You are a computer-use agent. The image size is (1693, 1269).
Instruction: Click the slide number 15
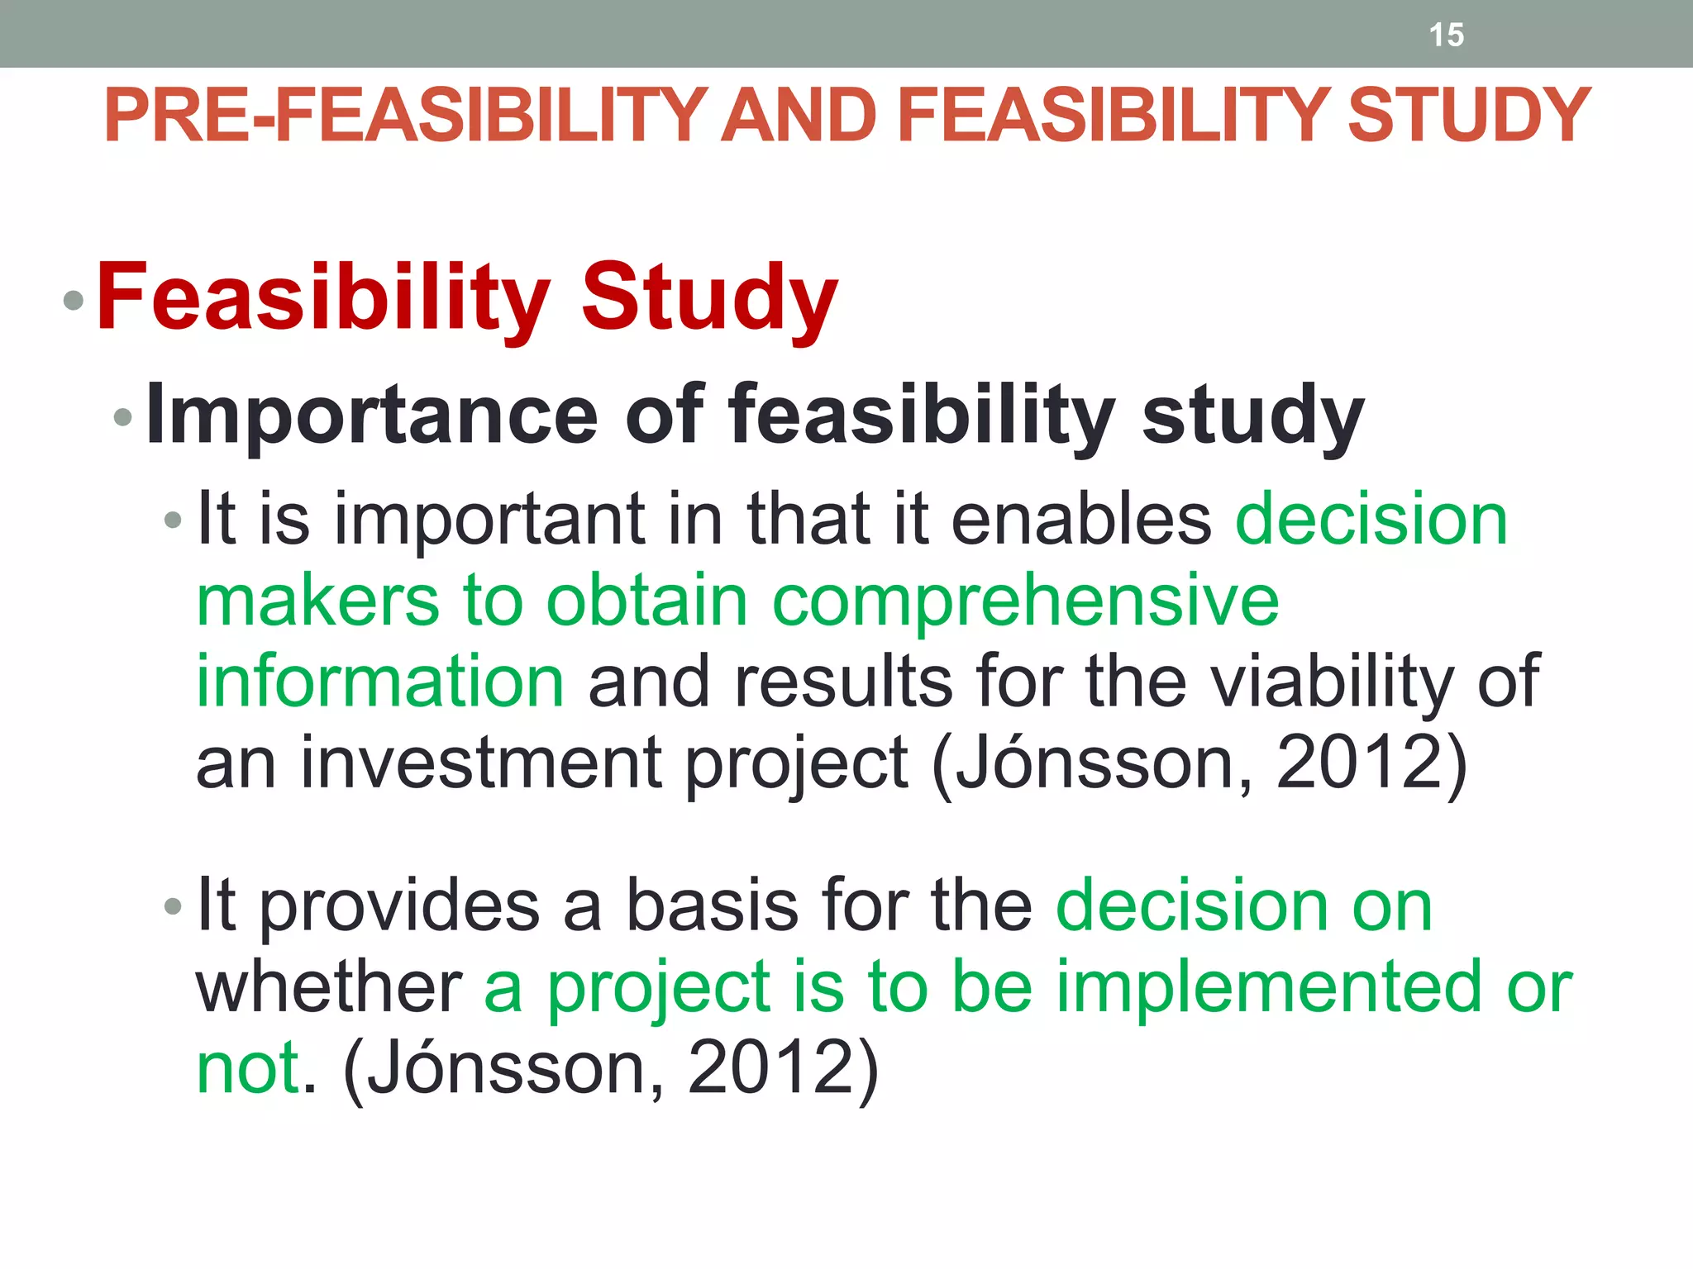tap(1446, 35)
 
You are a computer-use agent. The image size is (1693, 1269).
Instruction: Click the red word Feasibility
tap(323, 297)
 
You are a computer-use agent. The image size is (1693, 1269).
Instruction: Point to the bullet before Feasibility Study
tap(74, 301)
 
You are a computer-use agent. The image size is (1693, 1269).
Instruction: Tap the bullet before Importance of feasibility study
tap(123, 417)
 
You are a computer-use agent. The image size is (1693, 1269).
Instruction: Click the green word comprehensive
tap(1025, 601)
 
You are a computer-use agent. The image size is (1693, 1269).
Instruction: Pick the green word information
tap(380, 682)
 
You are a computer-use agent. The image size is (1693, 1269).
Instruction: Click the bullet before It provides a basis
tap(173, 907)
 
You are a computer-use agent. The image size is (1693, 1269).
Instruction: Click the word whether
tap(328, 986)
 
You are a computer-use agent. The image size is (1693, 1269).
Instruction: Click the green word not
tap(248, 1067)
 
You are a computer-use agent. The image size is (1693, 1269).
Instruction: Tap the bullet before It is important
tap(173, 520)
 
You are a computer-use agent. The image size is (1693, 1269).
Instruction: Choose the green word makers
tap(318, 601)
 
